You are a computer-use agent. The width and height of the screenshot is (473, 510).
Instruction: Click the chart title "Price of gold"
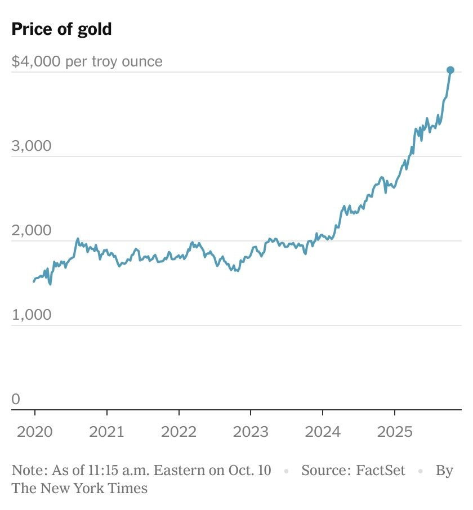point(61,29)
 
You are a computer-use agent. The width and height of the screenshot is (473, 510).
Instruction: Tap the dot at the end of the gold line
point(450,70)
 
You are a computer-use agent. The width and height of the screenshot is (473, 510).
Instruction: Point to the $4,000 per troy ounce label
point(87,61)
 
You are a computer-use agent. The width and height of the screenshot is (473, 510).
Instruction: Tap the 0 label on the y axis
point(16,399)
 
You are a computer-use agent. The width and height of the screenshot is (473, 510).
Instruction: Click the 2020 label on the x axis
point(34,432)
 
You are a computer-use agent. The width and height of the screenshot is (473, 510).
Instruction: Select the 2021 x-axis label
point(106,432)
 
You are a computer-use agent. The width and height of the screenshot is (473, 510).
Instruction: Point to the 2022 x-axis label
point(179,432)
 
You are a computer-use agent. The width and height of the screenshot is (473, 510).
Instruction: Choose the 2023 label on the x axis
point(250,432)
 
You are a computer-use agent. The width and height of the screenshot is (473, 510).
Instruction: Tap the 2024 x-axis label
point(322,432)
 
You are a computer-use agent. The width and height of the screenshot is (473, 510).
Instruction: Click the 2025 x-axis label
point(394,432)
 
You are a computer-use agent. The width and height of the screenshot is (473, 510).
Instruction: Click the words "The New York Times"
point(79,488)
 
